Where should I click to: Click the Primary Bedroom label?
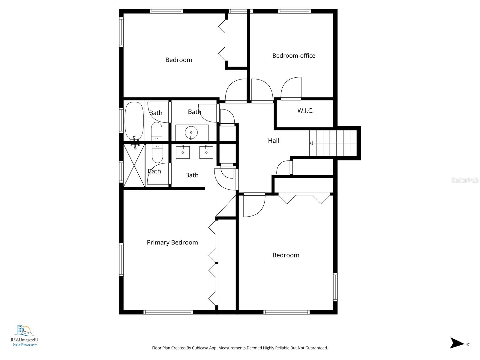click(x=172, y=242)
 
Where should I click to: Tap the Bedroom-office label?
click(x=294, y=55)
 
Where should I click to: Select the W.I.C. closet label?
click(x=305, y=111)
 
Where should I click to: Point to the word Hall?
click(x=273, y=140)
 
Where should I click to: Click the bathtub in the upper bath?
click(x=134, y=121)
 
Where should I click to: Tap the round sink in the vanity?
click(x=191, y=132)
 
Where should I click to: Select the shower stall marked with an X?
click(x=134, y=166)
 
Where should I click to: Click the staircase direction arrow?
click(x=311, y=143)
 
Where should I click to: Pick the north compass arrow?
click(x=457, y=343)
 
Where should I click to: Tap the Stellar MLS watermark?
click(x=465, y=180)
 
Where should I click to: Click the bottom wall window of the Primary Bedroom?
click(x=168, y=312)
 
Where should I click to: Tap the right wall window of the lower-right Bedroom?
click(x=335, y=287)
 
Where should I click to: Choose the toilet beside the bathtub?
click(x=157, y=131)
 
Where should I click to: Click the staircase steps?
click(x=333, y=143)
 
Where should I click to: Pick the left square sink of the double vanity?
click(x=183, y=152)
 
